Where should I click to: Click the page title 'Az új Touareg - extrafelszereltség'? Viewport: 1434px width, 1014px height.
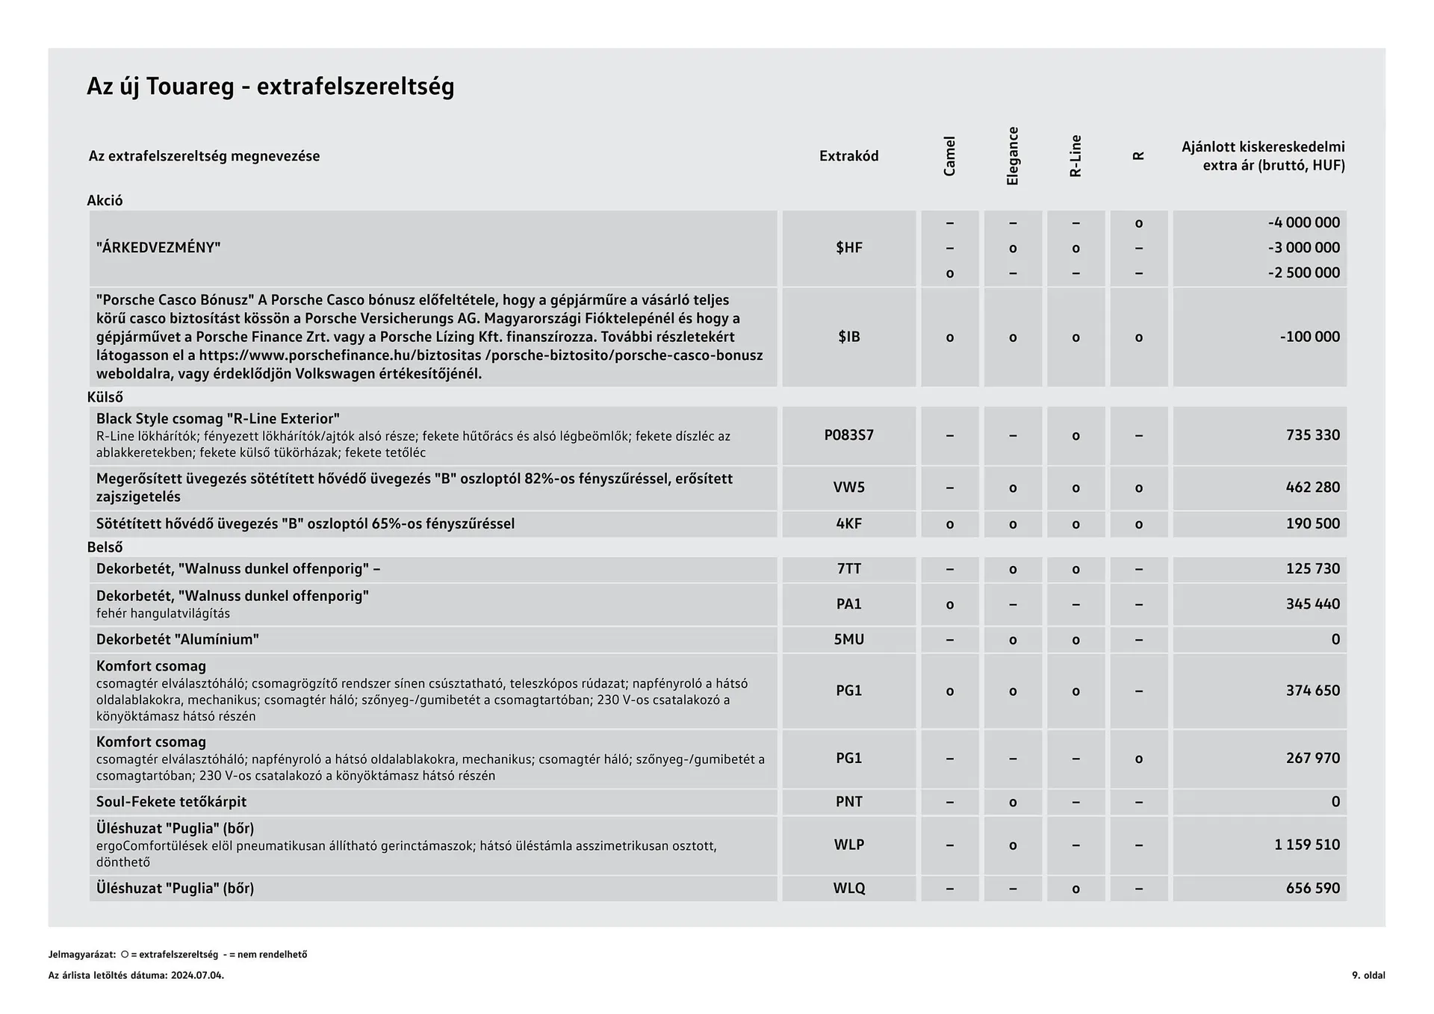point(270,87)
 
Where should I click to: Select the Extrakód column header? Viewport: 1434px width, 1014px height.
point(848,156)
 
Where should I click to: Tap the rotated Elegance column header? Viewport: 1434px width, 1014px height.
point(1013,156)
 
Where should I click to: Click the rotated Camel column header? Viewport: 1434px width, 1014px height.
point(949,156)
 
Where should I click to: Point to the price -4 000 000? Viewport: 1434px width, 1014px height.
point(1303,223)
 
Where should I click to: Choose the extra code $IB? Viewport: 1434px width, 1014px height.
point(848,337)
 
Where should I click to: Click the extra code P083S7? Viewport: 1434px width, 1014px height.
point(848,435)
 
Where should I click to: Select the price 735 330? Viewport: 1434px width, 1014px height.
point(1312,435)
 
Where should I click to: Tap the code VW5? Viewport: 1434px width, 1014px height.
point(848,488)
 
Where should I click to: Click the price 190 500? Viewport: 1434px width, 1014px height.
point(1312,524)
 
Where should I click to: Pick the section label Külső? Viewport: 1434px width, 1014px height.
point(105,397)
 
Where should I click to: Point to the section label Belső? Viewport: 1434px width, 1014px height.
point(105,547)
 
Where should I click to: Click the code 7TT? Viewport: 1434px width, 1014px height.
point(848,569)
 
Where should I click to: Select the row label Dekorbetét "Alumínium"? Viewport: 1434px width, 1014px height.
point(177,639)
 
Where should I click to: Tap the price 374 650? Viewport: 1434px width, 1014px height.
point(1312,691)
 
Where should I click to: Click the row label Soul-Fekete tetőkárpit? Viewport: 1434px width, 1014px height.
point(171,802)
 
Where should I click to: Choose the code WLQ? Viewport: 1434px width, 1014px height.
point(848,889)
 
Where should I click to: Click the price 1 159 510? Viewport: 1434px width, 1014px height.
point(1306,845)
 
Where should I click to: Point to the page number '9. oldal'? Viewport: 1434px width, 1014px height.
point(1368,975)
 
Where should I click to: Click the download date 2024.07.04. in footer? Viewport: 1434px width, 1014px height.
point(197,975)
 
